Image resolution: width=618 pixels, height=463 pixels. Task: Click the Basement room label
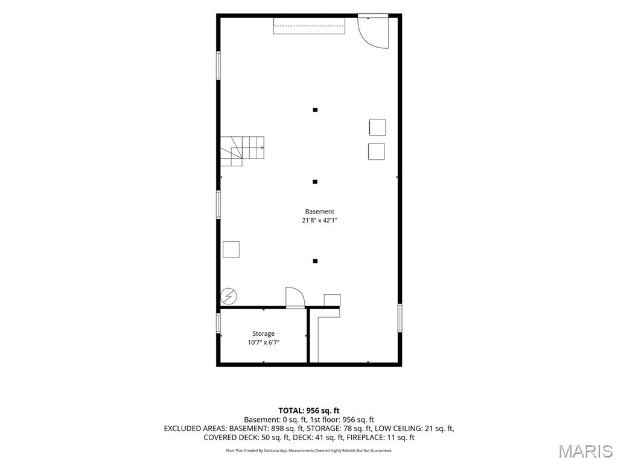(320, 212)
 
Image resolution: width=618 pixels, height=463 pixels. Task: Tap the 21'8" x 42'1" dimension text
(320, 221)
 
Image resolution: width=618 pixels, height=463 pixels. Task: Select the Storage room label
(263, 333)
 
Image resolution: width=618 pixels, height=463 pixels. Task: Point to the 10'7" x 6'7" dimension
(263, 342)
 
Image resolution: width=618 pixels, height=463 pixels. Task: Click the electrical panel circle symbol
(229, 297)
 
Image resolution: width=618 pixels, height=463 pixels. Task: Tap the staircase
(242, 151)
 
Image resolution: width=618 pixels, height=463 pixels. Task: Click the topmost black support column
(315, 110)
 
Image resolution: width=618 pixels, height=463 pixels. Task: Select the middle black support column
(315, 182)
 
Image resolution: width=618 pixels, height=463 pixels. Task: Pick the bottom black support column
(315, 261)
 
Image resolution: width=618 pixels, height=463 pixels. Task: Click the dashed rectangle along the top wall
(310, 25)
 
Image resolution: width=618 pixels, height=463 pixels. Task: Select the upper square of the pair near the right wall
(377, 127)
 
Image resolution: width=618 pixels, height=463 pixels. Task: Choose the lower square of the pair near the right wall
(377, 151)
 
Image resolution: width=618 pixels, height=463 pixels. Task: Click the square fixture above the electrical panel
(231, 249)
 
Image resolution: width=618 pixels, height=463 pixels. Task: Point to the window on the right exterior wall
(400, 318)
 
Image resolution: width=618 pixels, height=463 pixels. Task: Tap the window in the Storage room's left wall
(218, 323)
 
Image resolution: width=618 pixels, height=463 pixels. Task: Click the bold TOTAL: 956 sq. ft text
(309, 411)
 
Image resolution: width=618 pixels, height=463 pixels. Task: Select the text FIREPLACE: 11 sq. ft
(380, 438)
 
